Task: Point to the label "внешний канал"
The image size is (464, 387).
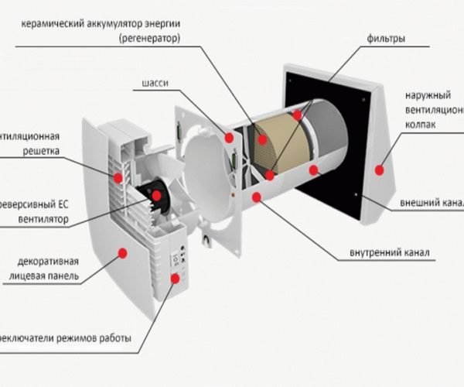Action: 432,203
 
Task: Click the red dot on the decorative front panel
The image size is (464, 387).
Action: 122,252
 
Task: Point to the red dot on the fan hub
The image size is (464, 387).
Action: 157,196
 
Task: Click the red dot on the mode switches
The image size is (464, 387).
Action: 175,277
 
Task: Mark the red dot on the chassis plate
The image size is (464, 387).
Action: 230,138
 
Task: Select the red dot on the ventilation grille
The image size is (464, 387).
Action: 118,177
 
